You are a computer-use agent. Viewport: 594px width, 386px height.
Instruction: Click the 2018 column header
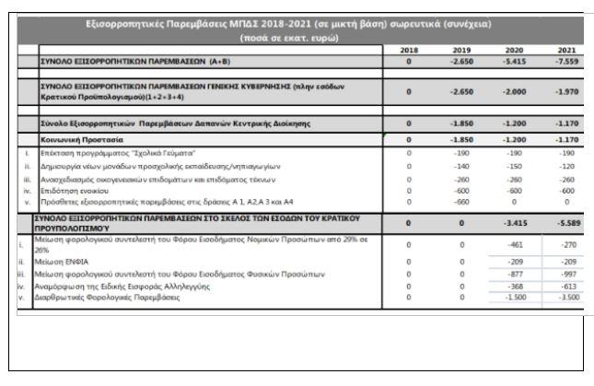pyautogui.click(x=408, y=50)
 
